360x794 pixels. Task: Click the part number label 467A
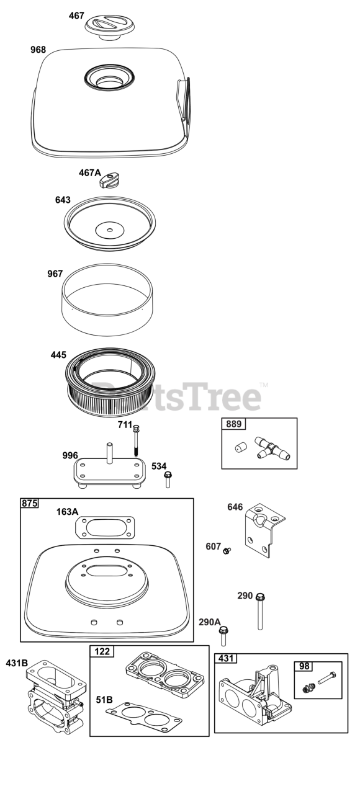pyautogui.click(x=90, y=172)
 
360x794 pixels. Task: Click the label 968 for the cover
pyautogui.click(x=38, y=50)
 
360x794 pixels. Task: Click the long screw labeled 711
pyautogui.click(x=136, y=440)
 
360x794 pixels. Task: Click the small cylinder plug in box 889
pyautogui.click(x=240, y=447)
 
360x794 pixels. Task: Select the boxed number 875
pyautogui.click(x=29, y=503)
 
